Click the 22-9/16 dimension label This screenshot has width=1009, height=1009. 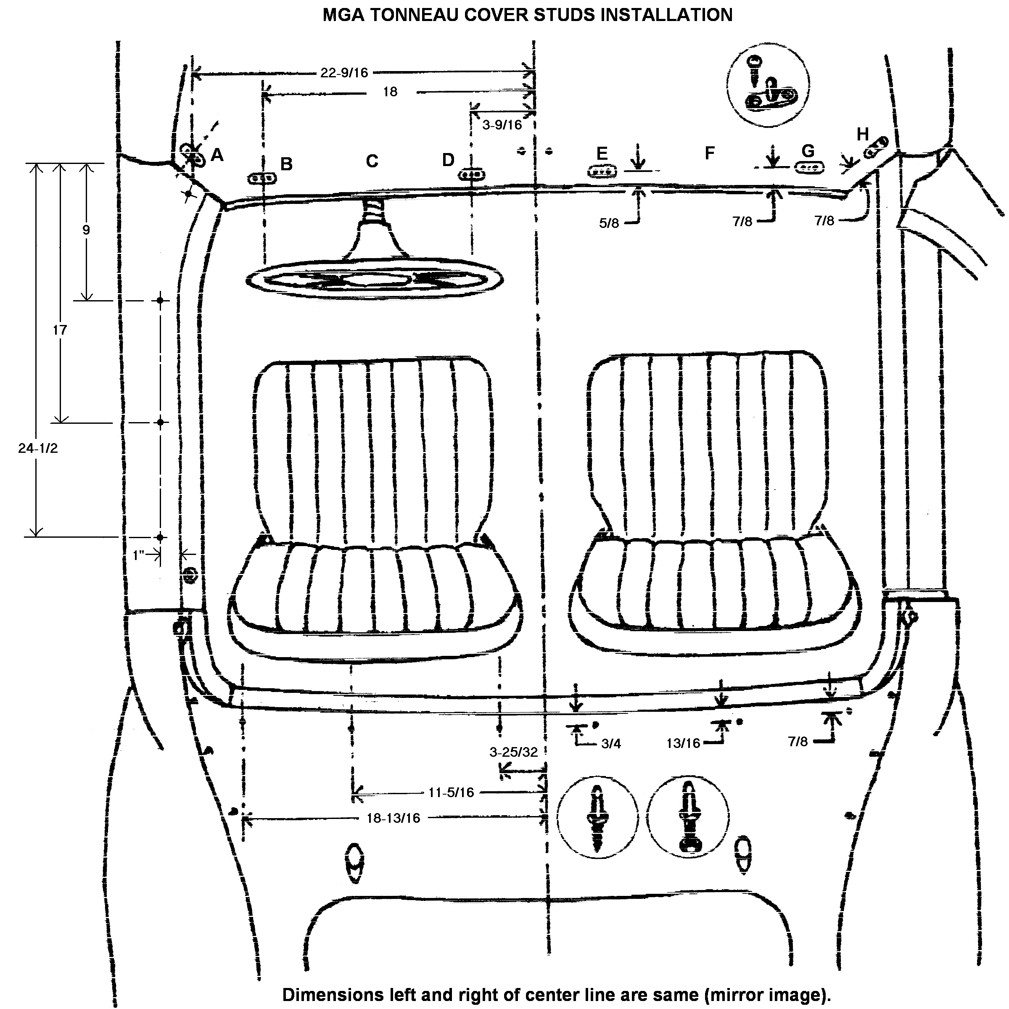344,73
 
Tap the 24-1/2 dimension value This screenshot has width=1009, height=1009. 37,448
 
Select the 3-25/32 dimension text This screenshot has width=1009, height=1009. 513,752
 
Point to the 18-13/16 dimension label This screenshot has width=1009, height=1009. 393,818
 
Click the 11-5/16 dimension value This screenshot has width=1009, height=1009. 451,792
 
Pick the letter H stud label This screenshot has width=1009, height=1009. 862,134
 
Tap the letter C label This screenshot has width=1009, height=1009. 372,161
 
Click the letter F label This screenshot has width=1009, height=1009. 709,153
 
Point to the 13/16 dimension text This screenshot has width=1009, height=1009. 683,743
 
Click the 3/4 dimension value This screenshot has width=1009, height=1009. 611,744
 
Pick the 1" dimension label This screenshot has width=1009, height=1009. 138,555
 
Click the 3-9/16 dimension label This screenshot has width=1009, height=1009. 502,125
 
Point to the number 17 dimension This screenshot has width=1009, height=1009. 60,330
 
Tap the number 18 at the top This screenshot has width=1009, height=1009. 390,92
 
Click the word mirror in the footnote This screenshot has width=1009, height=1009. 740,995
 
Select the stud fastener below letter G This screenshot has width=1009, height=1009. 809,168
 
